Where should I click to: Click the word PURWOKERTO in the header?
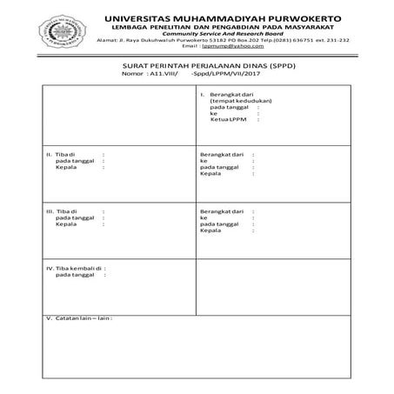coord(298,17)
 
